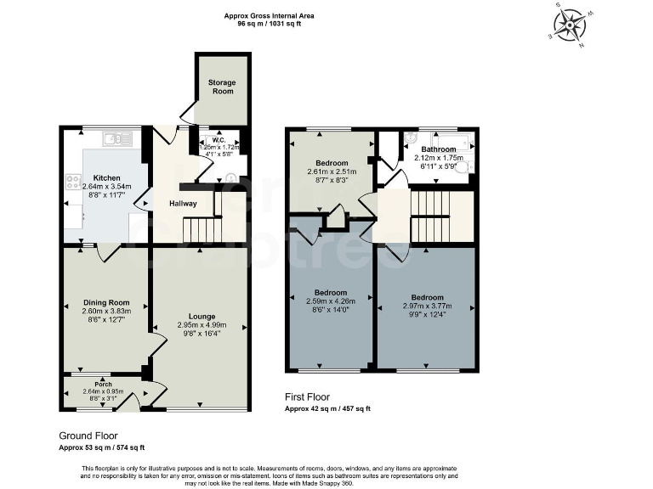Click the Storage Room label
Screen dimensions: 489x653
(223, 87)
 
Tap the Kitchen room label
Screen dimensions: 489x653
(106, 178)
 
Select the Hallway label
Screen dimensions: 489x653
(183, 204)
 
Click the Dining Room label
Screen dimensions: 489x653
(106, 303)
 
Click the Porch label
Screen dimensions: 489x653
(104, 383)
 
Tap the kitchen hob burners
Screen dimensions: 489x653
(70, 181)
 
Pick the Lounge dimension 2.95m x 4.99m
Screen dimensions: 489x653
(200, 325)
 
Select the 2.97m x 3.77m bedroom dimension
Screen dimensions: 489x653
(427, 306)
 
